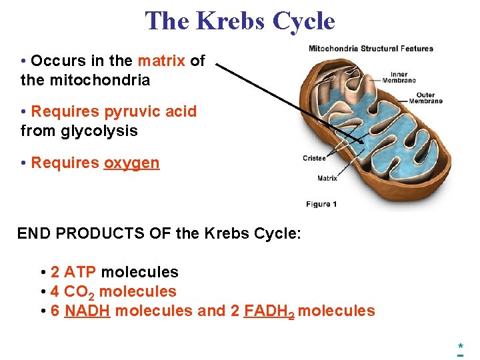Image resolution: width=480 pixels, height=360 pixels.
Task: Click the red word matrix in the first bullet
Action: [161, 61]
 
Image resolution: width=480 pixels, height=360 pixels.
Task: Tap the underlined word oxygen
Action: [131, 163]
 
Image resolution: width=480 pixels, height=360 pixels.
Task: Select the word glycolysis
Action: [99, 131]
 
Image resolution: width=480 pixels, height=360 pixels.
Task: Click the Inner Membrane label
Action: [399, 77]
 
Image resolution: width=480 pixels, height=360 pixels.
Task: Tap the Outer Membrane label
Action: [425, 98]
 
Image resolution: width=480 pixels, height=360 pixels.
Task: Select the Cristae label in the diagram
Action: [314, 158]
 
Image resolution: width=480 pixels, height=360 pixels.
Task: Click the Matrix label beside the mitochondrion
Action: [327, 178]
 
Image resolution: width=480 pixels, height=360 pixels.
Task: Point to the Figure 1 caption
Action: [321, 204]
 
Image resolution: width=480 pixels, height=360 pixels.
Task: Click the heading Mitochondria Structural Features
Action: [371, 49]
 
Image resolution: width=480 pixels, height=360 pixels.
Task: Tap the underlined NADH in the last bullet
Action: [87, 311]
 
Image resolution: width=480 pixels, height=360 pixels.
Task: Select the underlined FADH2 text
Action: [269, 311]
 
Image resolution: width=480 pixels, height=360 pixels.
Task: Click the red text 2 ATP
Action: [73, 272]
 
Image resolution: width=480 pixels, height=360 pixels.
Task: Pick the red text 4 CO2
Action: [73, 291]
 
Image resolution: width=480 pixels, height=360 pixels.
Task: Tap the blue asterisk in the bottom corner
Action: [460, 347]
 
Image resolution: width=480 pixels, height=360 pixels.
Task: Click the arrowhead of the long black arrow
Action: [364, 143]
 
